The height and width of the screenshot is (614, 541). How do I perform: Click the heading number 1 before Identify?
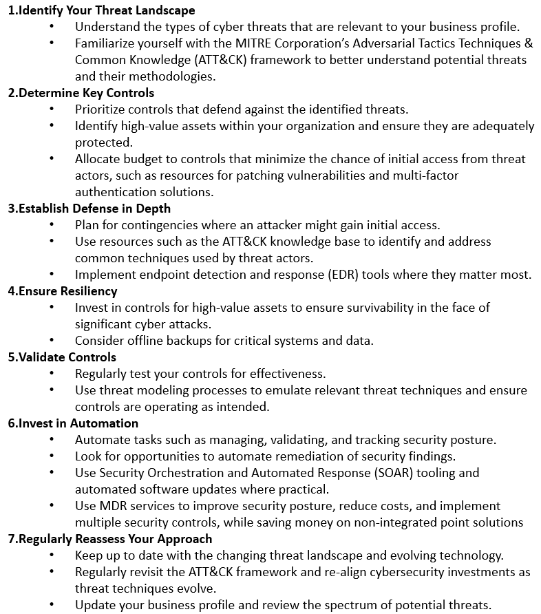click(11, 10)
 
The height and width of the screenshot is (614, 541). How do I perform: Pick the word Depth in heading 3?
click(152, 209)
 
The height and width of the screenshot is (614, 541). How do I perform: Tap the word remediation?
click(335, 456)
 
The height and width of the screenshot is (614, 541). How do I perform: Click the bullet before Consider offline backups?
click(53, 341)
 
